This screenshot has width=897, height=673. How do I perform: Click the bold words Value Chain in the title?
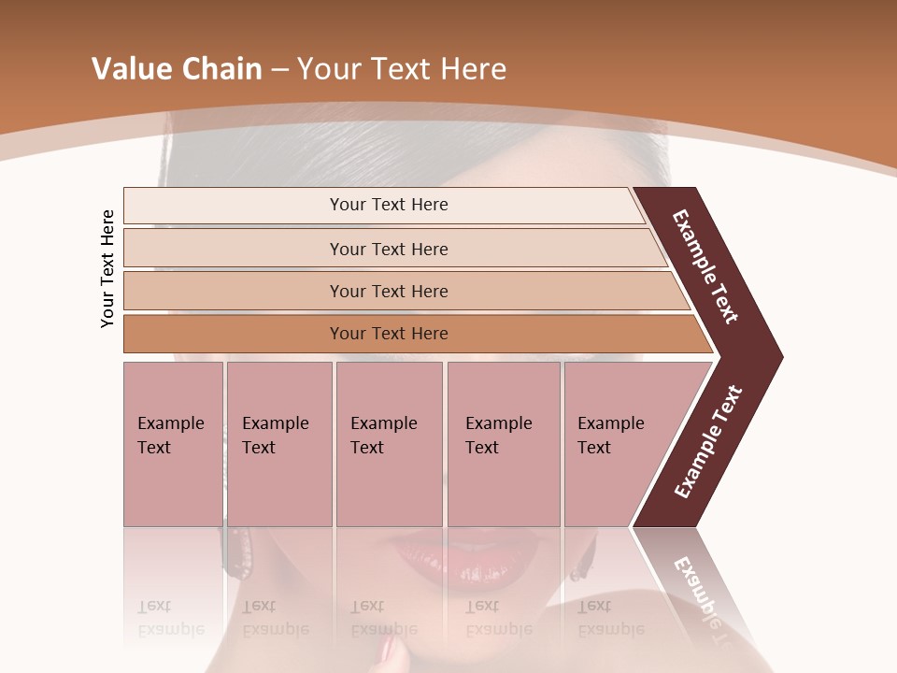[177, 69]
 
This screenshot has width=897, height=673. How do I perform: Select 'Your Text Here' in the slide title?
[402, 69]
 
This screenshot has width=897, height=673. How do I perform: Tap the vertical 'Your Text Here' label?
[107, 268]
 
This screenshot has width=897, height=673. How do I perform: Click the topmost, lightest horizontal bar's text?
[389, 205]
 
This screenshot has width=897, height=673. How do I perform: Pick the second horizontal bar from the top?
[389, 249]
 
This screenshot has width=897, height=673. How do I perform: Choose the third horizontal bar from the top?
[389, 291]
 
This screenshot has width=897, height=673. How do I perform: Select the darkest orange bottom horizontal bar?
[389, 334]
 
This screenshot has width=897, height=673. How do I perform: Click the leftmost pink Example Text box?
[173, 443]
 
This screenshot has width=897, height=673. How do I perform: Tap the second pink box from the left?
[278, 443]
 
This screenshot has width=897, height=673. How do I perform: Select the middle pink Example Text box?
[389, 443]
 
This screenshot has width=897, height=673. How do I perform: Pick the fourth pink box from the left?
[503, 443]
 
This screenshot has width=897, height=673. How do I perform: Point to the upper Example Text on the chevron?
[706, 266]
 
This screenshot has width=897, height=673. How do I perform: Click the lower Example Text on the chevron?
[708, 442]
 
